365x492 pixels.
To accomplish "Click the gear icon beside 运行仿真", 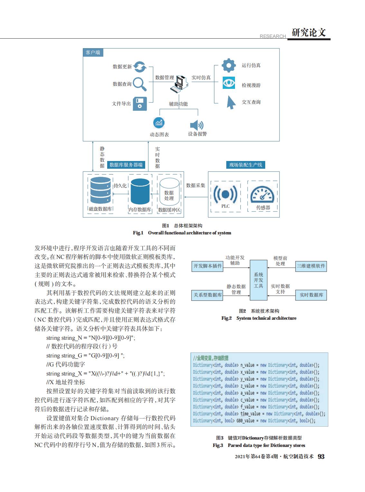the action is [229, 65].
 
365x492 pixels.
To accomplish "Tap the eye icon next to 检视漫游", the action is [229, 83].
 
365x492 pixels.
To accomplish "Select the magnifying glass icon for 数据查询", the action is [140, 84].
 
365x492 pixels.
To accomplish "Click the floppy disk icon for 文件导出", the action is [140, 104].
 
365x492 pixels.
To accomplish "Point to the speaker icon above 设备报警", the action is [197, 125].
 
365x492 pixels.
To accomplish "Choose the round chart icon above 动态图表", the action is [159, 123].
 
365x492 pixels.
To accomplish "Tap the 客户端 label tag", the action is [93, 52].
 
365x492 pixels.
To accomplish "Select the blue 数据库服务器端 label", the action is [126, 165].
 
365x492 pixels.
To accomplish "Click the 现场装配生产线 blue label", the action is [246, 165].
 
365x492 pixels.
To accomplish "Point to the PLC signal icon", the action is [225, 194].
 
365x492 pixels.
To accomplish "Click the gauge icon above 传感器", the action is [262, 194].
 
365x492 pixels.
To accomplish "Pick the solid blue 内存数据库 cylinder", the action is [140, 192].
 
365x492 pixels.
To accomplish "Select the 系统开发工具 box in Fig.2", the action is [258, 280].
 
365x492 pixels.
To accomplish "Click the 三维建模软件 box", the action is [311, 266].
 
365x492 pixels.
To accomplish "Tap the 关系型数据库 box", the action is [207, 295].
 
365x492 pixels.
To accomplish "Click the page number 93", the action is [321, 456].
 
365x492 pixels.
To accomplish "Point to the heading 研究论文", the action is [309, 33].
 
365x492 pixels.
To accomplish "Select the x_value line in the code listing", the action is [256, 372].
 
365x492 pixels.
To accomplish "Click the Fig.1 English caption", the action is [182, 233].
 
